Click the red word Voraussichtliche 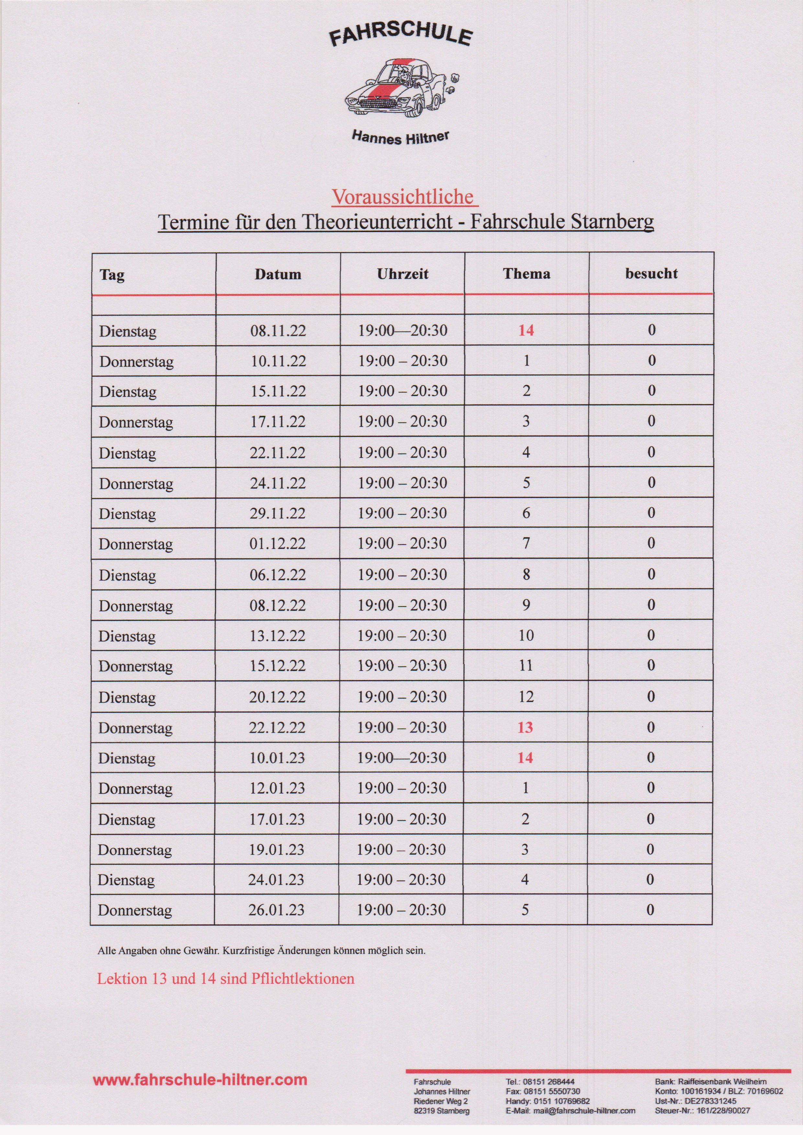[x=404, y=197]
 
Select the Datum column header [x=278, y=274]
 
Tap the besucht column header [x=651, y=274]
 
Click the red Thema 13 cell [x=525, y=727]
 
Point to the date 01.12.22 [x=277, y=544]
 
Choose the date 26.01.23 [x=277, y=909]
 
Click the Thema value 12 [x=526, y=696]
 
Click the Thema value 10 [x=526, y=635]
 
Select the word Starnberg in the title [x=612, y=221]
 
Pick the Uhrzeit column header [x=402, y=274]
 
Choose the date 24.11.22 [x=277, y=483]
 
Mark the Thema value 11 [x=526, y=665]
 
